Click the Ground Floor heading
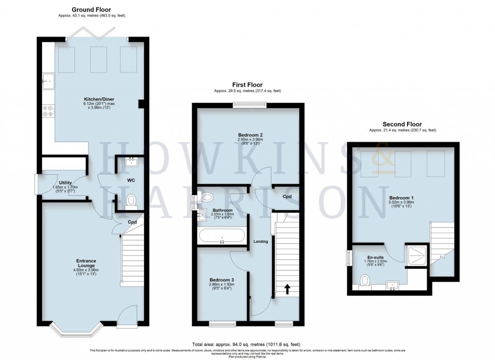point(91,9)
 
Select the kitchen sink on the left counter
point(49,82)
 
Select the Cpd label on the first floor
point(287,196)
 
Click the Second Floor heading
point(402,124)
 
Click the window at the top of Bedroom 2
point(249,104)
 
